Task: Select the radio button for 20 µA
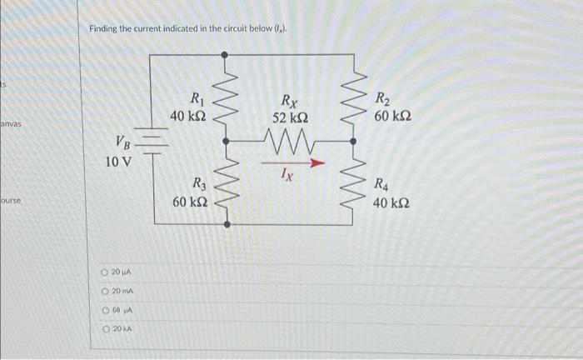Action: [105, 272]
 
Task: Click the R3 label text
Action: [200, 184]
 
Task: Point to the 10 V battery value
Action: [117, 161]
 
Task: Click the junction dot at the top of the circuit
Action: [223, 54]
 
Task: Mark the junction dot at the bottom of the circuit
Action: [223, 224]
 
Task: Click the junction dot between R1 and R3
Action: [223, 139]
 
